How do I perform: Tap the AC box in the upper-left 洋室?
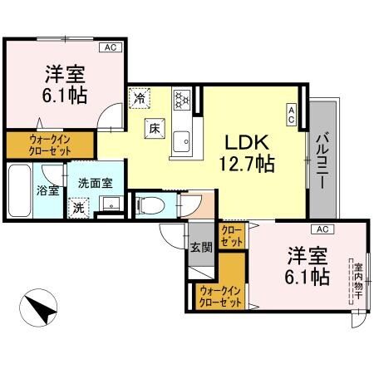(x=110, y=49)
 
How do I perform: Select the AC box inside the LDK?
(x=292, y=115)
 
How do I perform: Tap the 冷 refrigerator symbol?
(x=139, y=99)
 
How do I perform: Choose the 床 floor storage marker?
(x=155, y=128)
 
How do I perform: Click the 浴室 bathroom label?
(x=47, y=189)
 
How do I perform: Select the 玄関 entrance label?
(x=200, y=246)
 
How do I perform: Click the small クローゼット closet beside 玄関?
(x=232, y=235)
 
